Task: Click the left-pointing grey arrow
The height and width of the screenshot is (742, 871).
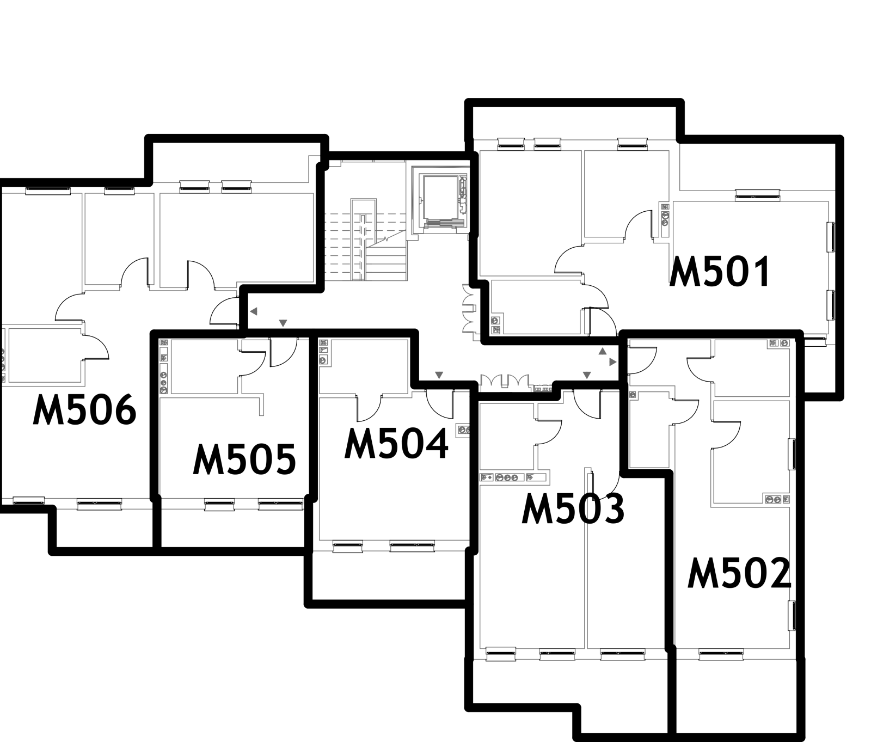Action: click(253, 311)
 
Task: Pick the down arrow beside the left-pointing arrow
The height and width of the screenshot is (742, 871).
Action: click(283, 323)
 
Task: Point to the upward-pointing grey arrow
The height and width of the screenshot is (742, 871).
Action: click(602, 352)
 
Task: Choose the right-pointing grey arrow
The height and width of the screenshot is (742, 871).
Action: click(613, 362)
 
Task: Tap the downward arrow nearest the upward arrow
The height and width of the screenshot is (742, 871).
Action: click(586, 375)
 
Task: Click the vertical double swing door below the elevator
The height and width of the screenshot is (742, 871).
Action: click(469, 308)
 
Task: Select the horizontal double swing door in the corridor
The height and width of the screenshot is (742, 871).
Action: click(504, 382)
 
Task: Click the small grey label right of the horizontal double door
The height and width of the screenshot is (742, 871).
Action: click(542, 389)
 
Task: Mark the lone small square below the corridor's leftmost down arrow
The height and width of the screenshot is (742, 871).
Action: click(463, 430)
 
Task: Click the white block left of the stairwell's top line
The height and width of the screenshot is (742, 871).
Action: click(335, 163)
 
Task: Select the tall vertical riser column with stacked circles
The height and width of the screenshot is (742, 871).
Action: click(164, 366)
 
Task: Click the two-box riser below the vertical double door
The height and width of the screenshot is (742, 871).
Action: click(495, 325)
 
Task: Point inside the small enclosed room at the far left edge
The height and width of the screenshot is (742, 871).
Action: click(44, 355)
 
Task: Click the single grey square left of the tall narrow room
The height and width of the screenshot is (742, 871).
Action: click(633, 395)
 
